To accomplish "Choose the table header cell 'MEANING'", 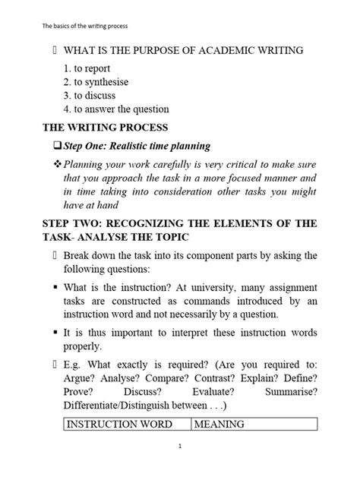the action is coord(219,425).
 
